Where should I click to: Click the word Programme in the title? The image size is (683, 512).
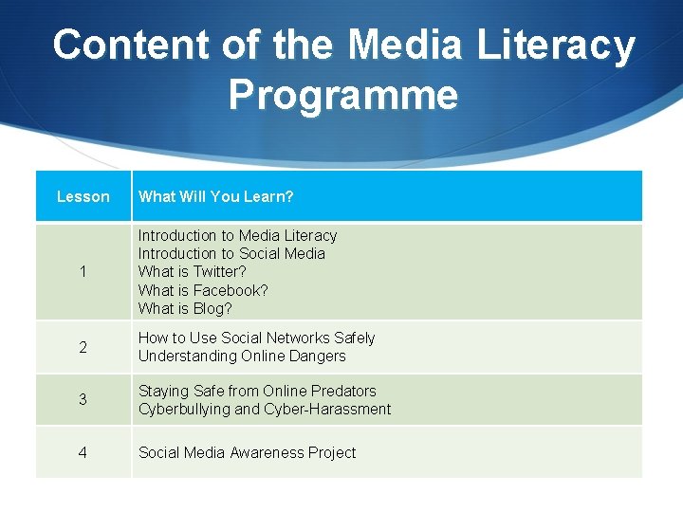coord(342,96)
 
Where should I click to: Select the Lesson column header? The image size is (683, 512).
coord(83,196)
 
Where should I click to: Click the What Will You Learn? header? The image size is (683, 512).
coord(215,196)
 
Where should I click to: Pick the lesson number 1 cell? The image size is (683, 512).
coord(83,272)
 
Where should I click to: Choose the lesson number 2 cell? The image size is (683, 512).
coord(83,347)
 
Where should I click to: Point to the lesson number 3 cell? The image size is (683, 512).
coord(83,400)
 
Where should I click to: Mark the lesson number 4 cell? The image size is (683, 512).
coord(83,453)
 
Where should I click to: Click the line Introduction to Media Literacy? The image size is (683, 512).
coord(237,235)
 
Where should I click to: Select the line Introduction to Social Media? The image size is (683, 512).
coord(231,253)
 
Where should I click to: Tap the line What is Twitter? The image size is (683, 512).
coord(192,271)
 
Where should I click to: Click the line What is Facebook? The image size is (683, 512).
coord(203,290)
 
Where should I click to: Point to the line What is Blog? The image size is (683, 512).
coord(185,308)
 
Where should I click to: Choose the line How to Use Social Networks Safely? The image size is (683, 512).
coord(256,338)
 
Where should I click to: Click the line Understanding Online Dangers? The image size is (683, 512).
coord(242,356)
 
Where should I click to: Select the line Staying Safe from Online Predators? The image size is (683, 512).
coord(257,391)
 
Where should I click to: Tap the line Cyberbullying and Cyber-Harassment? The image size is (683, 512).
coord(265,409)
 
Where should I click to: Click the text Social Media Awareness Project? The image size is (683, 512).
coord(247,453)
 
